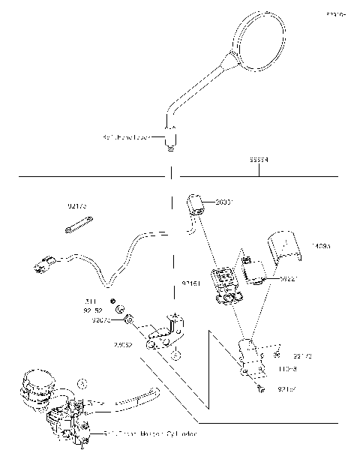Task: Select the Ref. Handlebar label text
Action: coord(127,138)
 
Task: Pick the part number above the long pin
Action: coord(77,204)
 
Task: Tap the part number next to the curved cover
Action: coord(320,245)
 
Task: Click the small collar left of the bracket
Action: coord(128,320)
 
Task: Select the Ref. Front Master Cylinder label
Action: coord(151,433)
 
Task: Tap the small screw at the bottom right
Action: coord(259,388)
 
